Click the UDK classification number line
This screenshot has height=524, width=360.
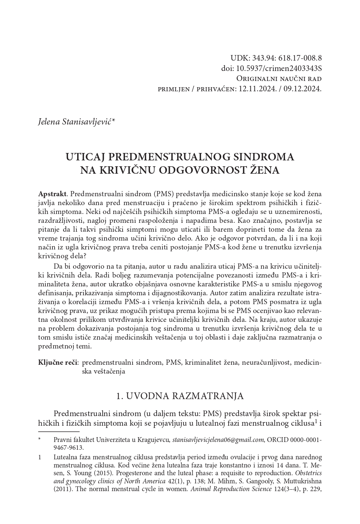click(276, 58)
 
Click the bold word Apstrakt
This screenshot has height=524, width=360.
click(52, 194)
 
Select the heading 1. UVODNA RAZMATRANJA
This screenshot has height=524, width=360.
click(180, 396)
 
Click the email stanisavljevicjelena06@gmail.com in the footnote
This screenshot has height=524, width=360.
click(218, 440)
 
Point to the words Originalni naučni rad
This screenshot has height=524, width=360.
click(279, 79)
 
